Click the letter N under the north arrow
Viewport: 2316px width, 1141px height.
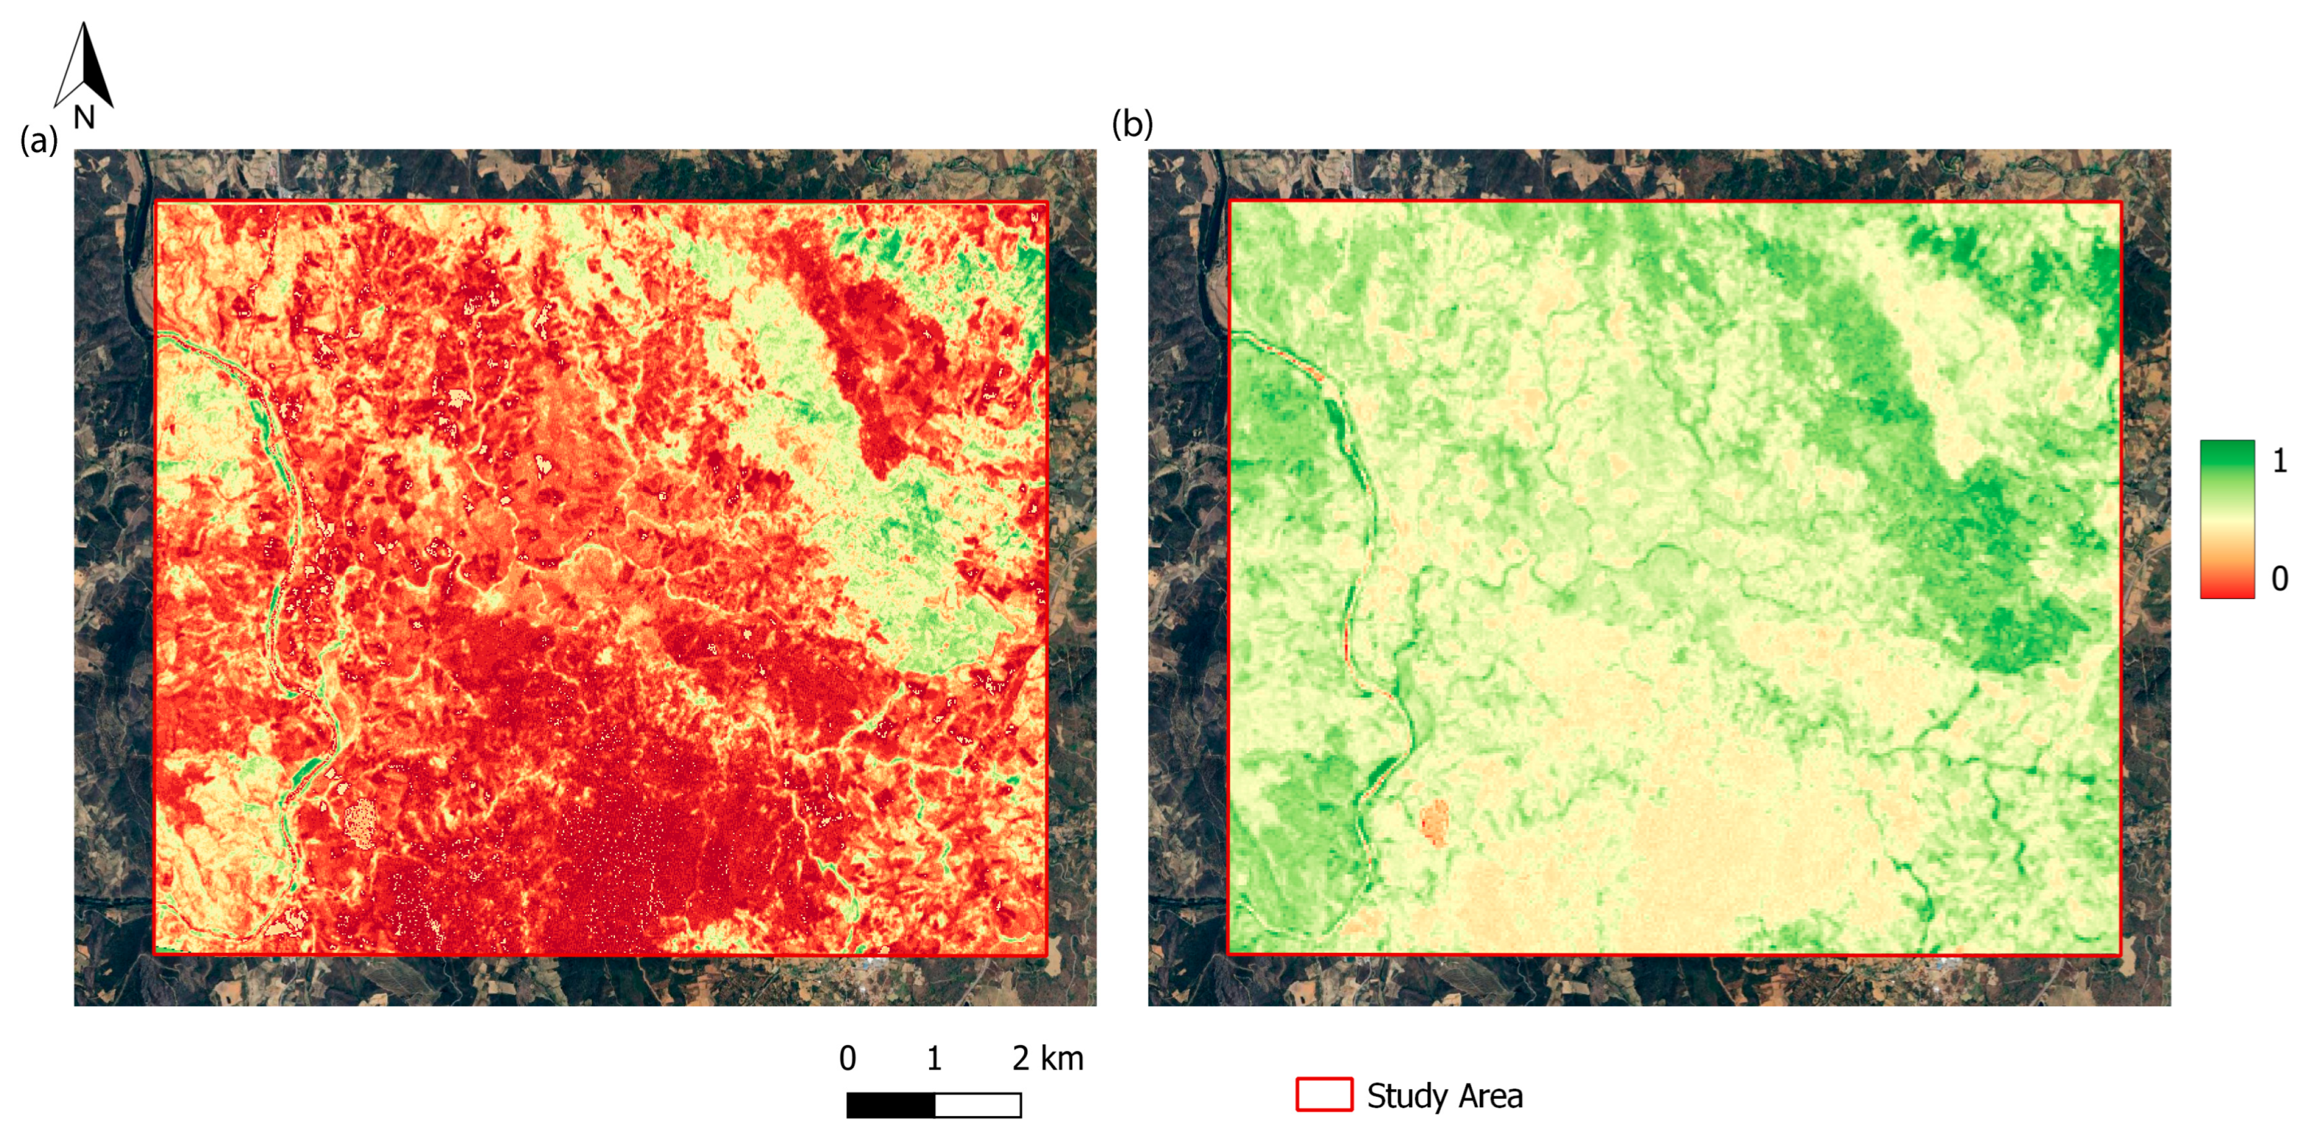pyautogui.click(x=84, y=118)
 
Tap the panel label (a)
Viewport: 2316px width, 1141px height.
pyautogui.click(x=39, y=140)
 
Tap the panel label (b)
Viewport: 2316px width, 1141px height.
pyautogui.click(x=1132, y=123)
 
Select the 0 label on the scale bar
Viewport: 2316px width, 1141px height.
pyautogui.click(x=847, y=1058)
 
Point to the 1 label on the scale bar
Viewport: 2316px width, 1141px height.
pyautogui.click(x=934, y=1058)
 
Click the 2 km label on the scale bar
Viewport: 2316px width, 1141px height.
pyautogui.click(x=1048, y=1058)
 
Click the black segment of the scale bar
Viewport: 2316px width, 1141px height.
pyautogui.click(x=890, y=1105)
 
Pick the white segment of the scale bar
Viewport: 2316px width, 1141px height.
pyautogui.click(x=978, y=1105)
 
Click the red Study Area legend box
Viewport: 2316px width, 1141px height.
pyautogui.click(x=1324, y=1094)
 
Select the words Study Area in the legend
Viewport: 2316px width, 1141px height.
pyautogui.click(x=1444, y=1096)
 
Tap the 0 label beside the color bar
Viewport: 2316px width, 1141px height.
pyautogui.click(x=2279, y=578)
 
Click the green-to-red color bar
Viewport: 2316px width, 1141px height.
pyautogui.click(x=2227, y=519)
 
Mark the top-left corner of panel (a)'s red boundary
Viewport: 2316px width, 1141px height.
pyautogui.click(x=157, y=201)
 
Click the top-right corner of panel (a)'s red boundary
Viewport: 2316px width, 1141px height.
pyautogui.click(x=1048, y=202)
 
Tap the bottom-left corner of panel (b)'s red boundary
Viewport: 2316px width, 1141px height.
pyautogui.click(x=1229, y=954)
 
